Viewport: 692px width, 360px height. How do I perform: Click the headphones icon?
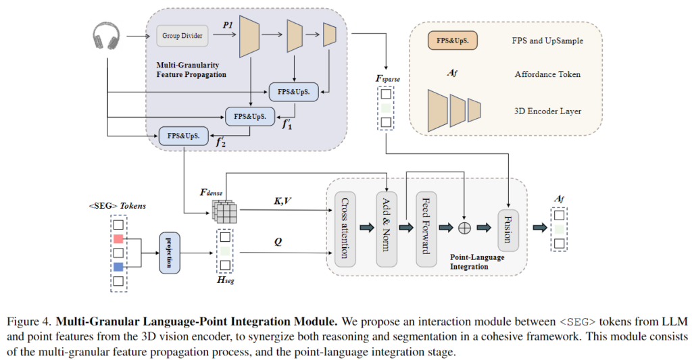tap(106, 35)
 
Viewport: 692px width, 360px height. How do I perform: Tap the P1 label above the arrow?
tap(227, 25)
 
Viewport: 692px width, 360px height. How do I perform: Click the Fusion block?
tap(508, 230)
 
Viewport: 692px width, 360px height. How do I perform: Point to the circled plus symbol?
tap(464, 228)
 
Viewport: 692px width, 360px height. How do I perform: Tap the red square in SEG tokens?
tap(119, 239)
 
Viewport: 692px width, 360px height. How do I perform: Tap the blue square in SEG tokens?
tap(119, 266)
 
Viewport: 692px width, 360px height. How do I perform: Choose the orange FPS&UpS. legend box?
tap(453, 41)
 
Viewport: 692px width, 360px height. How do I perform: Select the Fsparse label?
tap(388, 79)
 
